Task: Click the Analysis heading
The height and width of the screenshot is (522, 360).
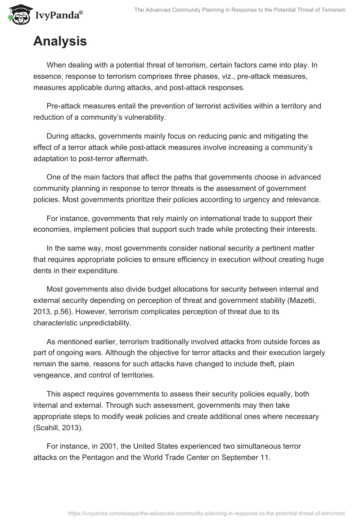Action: (60, 42)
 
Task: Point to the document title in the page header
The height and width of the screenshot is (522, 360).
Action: (240, 10)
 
